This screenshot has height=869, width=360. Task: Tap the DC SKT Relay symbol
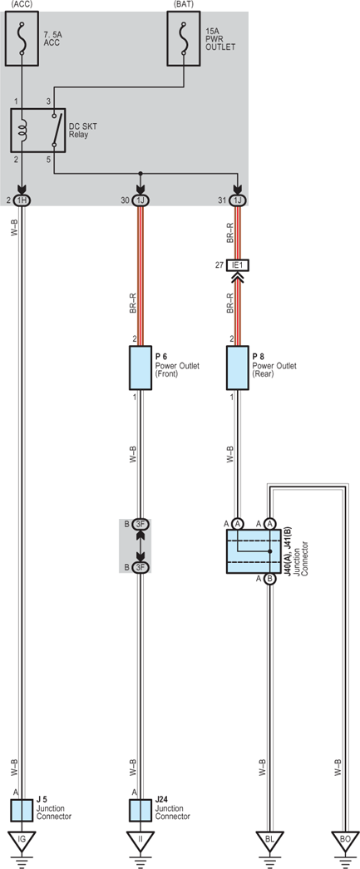pyautogui.click(x=38, y=131)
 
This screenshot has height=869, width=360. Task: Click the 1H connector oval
pyautogui.click(x=22, y=200)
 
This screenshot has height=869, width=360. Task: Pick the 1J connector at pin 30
pyautogui.click(x=141, y=200)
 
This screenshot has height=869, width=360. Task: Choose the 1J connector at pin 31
pyautogui.click(x=238, y=200)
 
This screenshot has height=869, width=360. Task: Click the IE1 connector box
pyautogui.click(x=238, y=265)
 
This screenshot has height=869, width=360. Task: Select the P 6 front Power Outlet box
pyautogui.click(x=141, y=368)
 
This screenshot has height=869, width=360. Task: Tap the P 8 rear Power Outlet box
pyautogui.click(x=238, y=368)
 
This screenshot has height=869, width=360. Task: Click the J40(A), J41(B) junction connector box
pyautogui.click(x=254, y=551)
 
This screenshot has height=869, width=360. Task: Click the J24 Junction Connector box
pyautogui.click(x=141, y=810)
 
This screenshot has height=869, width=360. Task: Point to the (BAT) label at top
pyautogui.click(x=184, y=4)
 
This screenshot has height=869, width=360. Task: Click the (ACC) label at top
pyautogui.click(x=22, y=4)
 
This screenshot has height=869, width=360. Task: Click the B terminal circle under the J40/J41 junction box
pyautogui.click(x=269, y=579)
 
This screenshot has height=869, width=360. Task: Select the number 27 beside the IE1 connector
pyautogui.click(x=219, y=265)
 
